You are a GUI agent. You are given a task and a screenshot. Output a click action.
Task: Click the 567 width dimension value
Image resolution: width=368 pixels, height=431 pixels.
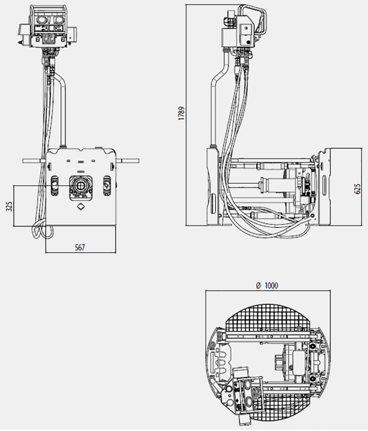tap(80, 247)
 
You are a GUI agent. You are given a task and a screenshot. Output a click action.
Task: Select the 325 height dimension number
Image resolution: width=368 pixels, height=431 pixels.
tap(9, 206)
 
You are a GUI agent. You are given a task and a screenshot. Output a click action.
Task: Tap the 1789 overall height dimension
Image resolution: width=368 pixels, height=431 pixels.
tap(181, 113)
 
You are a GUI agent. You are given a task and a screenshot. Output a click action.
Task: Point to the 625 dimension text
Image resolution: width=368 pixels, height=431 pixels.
tap(357, 189)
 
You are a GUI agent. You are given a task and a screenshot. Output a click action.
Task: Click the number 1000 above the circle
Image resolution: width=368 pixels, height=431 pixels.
tap(271, 286)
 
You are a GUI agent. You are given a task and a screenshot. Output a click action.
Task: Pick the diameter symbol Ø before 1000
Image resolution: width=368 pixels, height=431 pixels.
tap(258, 286)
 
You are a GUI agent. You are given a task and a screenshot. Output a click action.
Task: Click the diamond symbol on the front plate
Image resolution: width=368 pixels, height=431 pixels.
tap(80, 206)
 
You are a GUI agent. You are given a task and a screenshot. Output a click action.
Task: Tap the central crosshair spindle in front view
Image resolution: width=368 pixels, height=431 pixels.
tap(80, 186)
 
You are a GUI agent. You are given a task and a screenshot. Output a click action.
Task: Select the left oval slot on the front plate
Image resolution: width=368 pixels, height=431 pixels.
tap(54, 186)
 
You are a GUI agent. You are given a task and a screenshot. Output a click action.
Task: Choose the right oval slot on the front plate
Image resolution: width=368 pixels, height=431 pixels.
tap(106, 186)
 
